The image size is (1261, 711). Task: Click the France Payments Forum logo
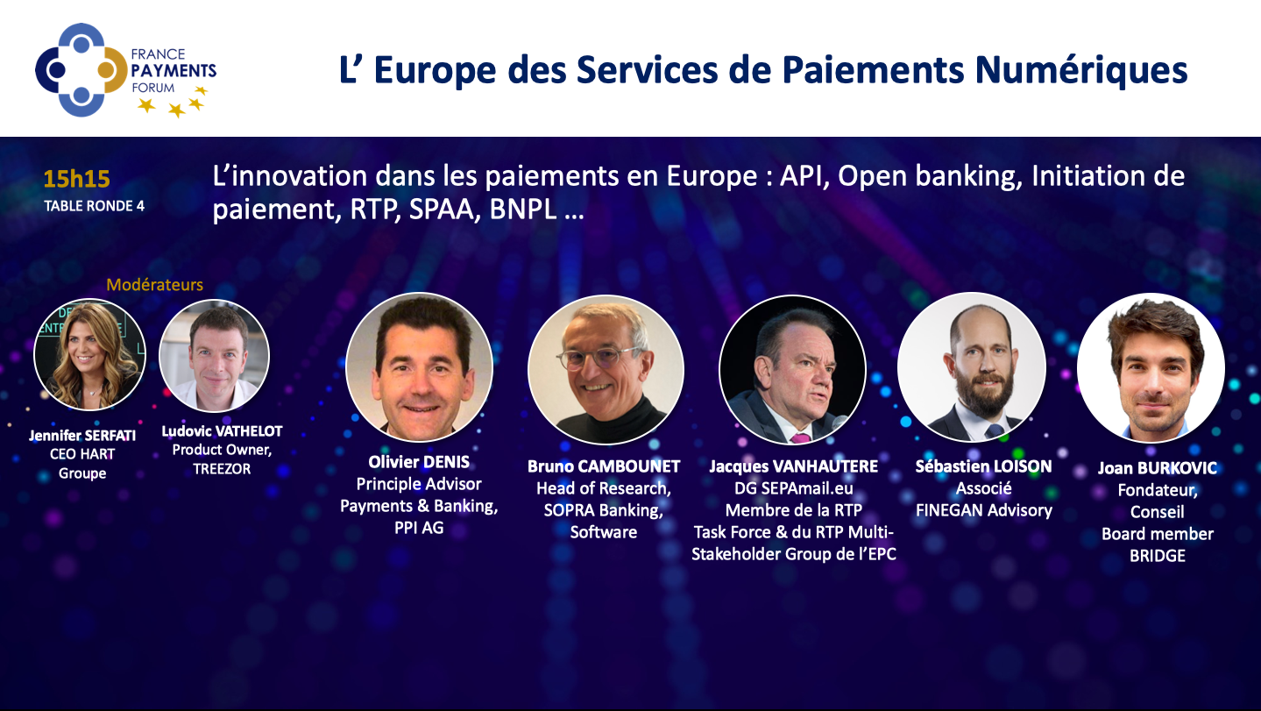tap(125, 70)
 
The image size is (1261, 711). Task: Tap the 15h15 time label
tap(76, 179)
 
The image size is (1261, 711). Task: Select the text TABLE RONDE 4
tap(94, 206)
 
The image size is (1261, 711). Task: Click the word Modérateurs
tap(155, 285)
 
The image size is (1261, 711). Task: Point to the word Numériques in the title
tap(1080, 70)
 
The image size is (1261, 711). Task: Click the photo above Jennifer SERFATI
tap(89, 354)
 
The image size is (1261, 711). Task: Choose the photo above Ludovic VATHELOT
tap(215, 356)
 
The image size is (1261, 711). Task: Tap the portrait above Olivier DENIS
tap(420, 366)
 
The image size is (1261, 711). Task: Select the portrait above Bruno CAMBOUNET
tap(606, 370)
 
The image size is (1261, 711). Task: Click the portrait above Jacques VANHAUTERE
tap(793, 370)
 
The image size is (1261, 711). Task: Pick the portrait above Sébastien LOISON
tap(972, 366)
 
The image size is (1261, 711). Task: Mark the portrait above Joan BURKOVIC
tap(1151, 368)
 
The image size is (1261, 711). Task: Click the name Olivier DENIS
tap(419, 462)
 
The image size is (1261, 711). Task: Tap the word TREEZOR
tap(222, 469)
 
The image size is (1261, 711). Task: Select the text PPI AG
tap(419, 528)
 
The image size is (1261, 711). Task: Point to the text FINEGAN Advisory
tap(983, 510)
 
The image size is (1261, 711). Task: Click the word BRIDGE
tap(1158, 556)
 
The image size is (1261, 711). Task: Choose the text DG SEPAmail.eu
tap(794, 488)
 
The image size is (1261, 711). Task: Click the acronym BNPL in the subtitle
tap(523, 209)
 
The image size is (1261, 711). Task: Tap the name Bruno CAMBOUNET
tap(604, 466)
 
